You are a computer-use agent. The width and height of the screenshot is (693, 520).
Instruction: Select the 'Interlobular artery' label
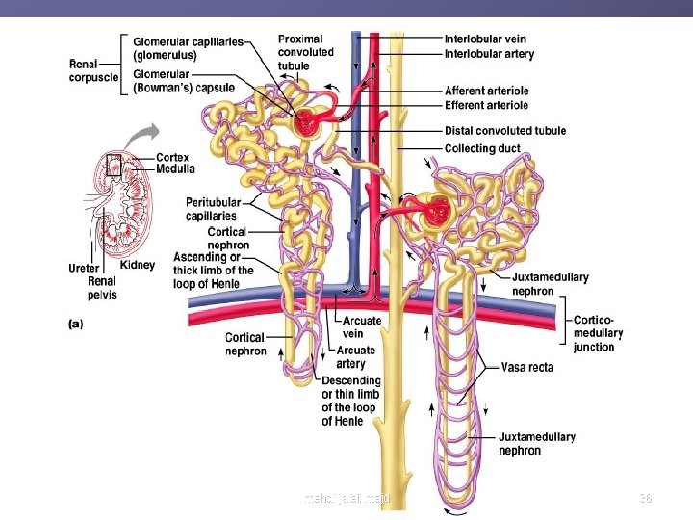pyautogui.click(x=489, y=54)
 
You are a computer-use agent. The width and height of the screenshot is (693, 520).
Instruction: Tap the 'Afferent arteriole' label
pyautogui.click(x=486, y=91)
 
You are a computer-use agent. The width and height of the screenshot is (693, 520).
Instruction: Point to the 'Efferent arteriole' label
pyautogui.click(x=486, y=105)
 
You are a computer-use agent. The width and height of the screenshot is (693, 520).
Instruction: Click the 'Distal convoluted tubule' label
pyautogui.click(x=505, y=131)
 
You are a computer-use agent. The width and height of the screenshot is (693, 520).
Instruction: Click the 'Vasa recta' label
pyautogui.click(x=527, y=367)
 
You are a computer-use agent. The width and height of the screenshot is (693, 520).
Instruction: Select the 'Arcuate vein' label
pyautogui.click(x=362, y=327)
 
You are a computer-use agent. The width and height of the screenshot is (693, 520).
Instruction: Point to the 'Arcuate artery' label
pyautogui.click(x=356, y=357)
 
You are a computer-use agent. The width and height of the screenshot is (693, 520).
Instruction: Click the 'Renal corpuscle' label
pyautogui.click(x=94, y=70)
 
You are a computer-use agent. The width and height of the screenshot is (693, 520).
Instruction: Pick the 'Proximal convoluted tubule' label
pyautogui.click(x=306, y=52)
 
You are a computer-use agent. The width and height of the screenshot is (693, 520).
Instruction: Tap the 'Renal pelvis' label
pyautogui.click(x=102, y=288)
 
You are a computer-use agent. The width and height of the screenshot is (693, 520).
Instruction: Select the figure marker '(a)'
pyautogui.click(x=75, y=325)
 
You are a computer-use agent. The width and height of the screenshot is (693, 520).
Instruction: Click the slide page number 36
pyautogui.click(x=646, y=498)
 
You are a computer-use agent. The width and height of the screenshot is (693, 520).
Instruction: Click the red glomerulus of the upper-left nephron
pyautogui.click(x=310, y=121)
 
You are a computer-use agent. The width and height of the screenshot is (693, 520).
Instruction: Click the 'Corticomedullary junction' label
pyautogui.click(x=598, y=333)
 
